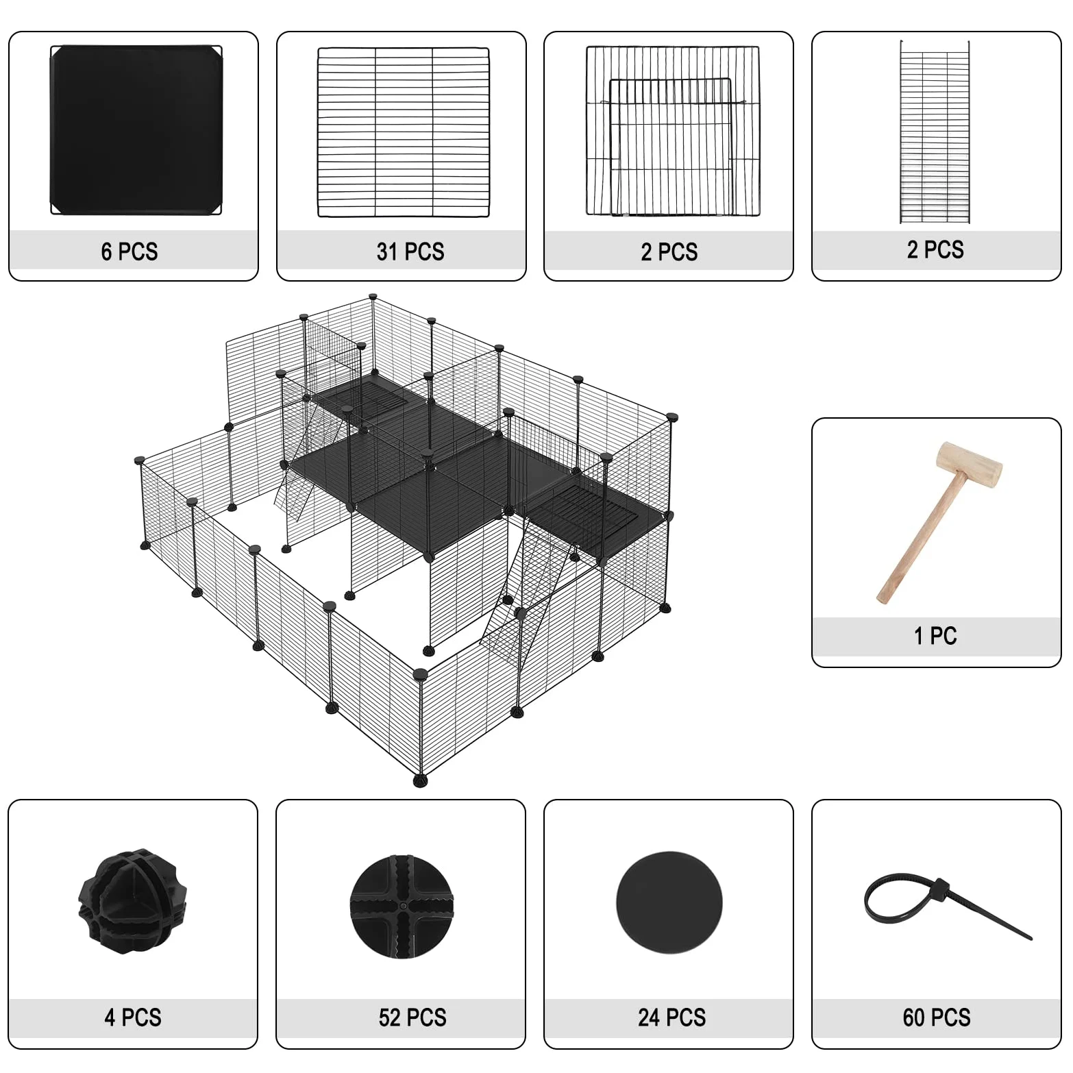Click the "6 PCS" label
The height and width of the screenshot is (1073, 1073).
129,251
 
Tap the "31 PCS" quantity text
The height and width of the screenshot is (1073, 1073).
410,251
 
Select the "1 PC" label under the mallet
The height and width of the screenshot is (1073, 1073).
935,636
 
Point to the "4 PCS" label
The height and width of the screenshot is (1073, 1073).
133,1017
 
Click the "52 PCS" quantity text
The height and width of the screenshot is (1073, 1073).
412,1017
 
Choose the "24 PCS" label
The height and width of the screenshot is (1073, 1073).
672,1017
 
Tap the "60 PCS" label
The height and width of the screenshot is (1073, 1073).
937,1017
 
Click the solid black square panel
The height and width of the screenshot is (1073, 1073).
136,130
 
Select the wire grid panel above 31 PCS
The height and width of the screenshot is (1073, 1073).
404,132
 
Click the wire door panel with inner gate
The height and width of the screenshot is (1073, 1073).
673,131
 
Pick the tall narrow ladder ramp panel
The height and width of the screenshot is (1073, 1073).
935,132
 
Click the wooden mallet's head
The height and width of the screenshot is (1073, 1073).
970,464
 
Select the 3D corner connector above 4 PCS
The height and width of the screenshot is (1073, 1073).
132,901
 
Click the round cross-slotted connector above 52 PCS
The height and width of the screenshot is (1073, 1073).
402,906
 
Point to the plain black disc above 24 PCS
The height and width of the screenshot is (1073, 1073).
669,902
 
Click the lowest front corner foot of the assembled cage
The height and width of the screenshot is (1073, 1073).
420,780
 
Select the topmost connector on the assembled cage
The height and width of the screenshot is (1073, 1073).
373,297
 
